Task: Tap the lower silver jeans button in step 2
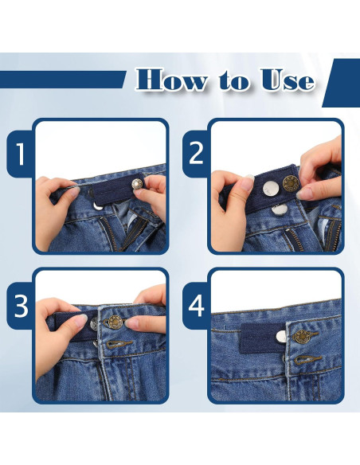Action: point(279,210)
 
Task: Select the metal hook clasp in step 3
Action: point(118,344)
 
